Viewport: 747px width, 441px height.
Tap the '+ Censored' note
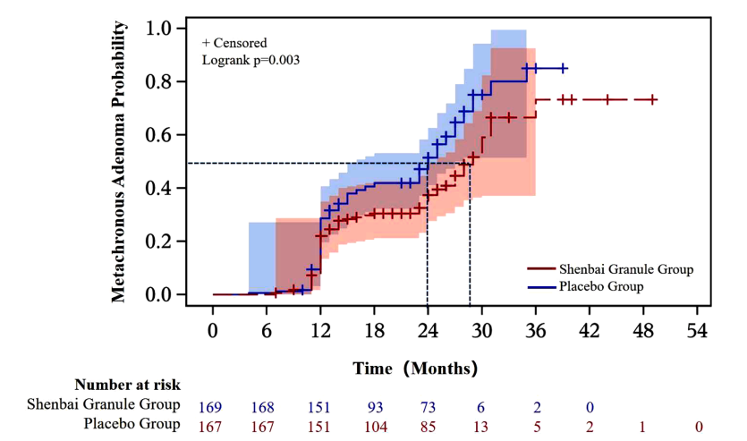tap(234, 43)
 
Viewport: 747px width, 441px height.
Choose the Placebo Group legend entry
tap(601, 286)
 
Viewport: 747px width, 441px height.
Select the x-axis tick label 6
tap(267, 330)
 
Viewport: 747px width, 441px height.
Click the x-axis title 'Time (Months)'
tap(415, 368)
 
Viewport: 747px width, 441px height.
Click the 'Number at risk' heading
tap(127, 385)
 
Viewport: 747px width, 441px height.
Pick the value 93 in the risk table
tap(374, 404)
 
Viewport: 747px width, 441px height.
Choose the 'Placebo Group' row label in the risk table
tap(132, 424)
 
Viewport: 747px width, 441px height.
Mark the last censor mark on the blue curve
tap(564, 68)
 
